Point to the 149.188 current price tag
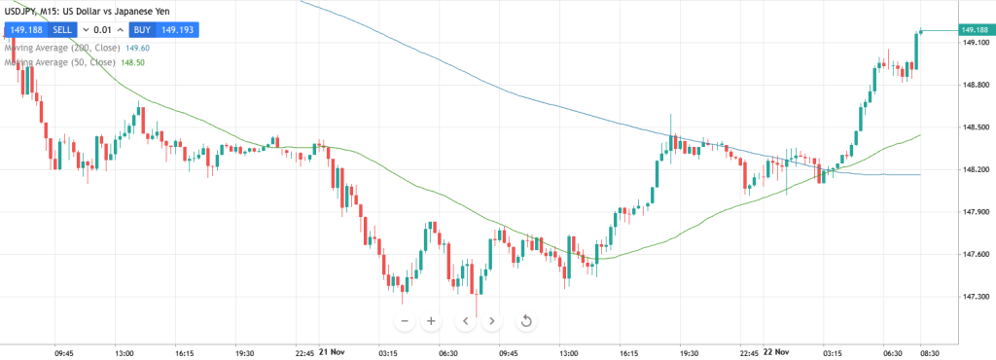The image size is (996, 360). (975, 31)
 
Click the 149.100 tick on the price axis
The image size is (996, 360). (975, 43)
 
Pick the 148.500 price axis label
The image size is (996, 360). (975, 127)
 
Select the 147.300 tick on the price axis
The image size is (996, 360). (975, 297)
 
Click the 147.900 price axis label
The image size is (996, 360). (975, 212)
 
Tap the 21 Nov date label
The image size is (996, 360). (331, 352)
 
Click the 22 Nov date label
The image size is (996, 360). (776, 352)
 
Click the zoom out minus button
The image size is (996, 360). (405, 321)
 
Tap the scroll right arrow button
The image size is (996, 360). (492, 321)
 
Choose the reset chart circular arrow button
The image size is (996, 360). (526, 321)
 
